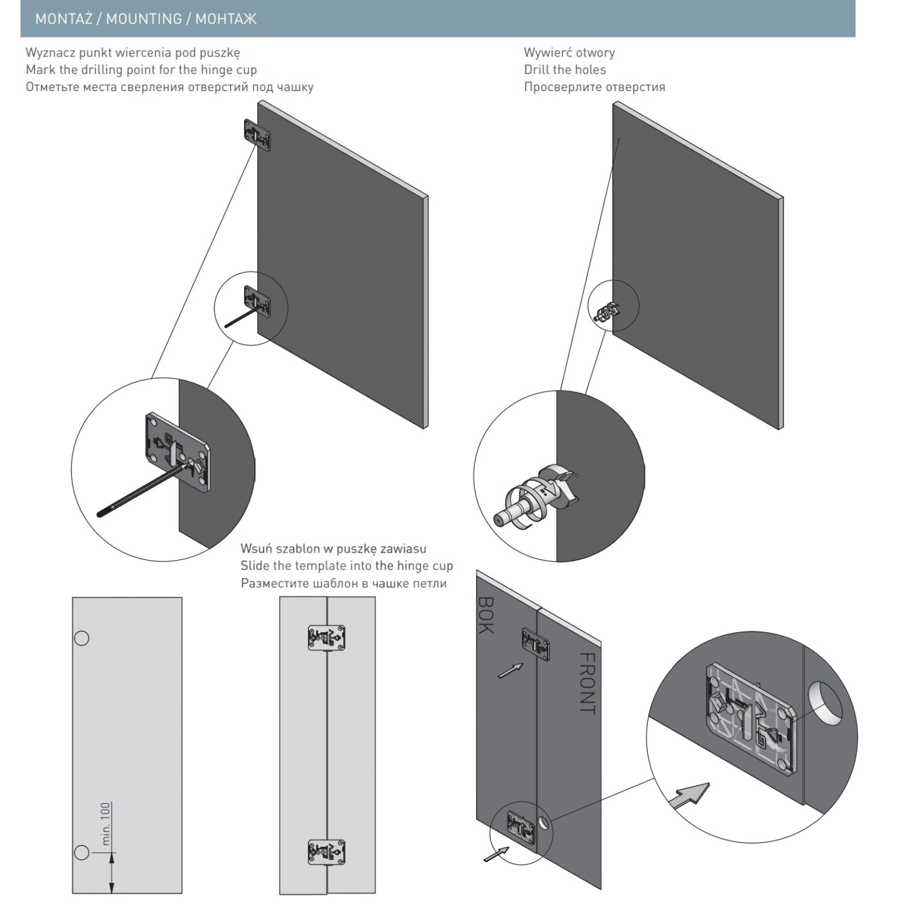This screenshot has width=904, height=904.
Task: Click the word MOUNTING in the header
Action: (x=144, y=19)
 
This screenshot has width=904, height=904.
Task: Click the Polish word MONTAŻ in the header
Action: (x=63, y=19)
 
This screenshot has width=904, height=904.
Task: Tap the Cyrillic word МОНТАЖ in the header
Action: (x=226, y=19)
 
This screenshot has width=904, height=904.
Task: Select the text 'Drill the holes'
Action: (x=565, y=69)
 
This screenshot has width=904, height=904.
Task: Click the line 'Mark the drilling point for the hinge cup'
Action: (x=141, y=69)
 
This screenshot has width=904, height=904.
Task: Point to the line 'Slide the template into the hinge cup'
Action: (x=347, y=566)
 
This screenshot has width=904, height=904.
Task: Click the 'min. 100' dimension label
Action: (x=106, y=824)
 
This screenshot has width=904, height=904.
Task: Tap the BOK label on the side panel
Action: (x=486, y=615)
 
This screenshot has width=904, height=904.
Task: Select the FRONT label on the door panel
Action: (x=587, y=683)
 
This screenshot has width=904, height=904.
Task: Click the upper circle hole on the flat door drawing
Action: (x=81, y=638)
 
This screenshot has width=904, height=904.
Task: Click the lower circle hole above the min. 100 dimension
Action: (x=81, y=852)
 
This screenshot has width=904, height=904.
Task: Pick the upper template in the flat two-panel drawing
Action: (x=326, y=638)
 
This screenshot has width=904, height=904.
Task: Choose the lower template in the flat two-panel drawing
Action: (x=326, y=852)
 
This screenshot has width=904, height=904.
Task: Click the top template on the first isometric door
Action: (x=257, y=134)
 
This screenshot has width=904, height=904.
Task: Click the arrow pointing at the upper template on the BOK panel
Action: (x=510, y=670)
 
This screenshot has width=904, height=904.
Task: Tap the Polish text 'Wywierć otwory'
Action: (x=569, y=52)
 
